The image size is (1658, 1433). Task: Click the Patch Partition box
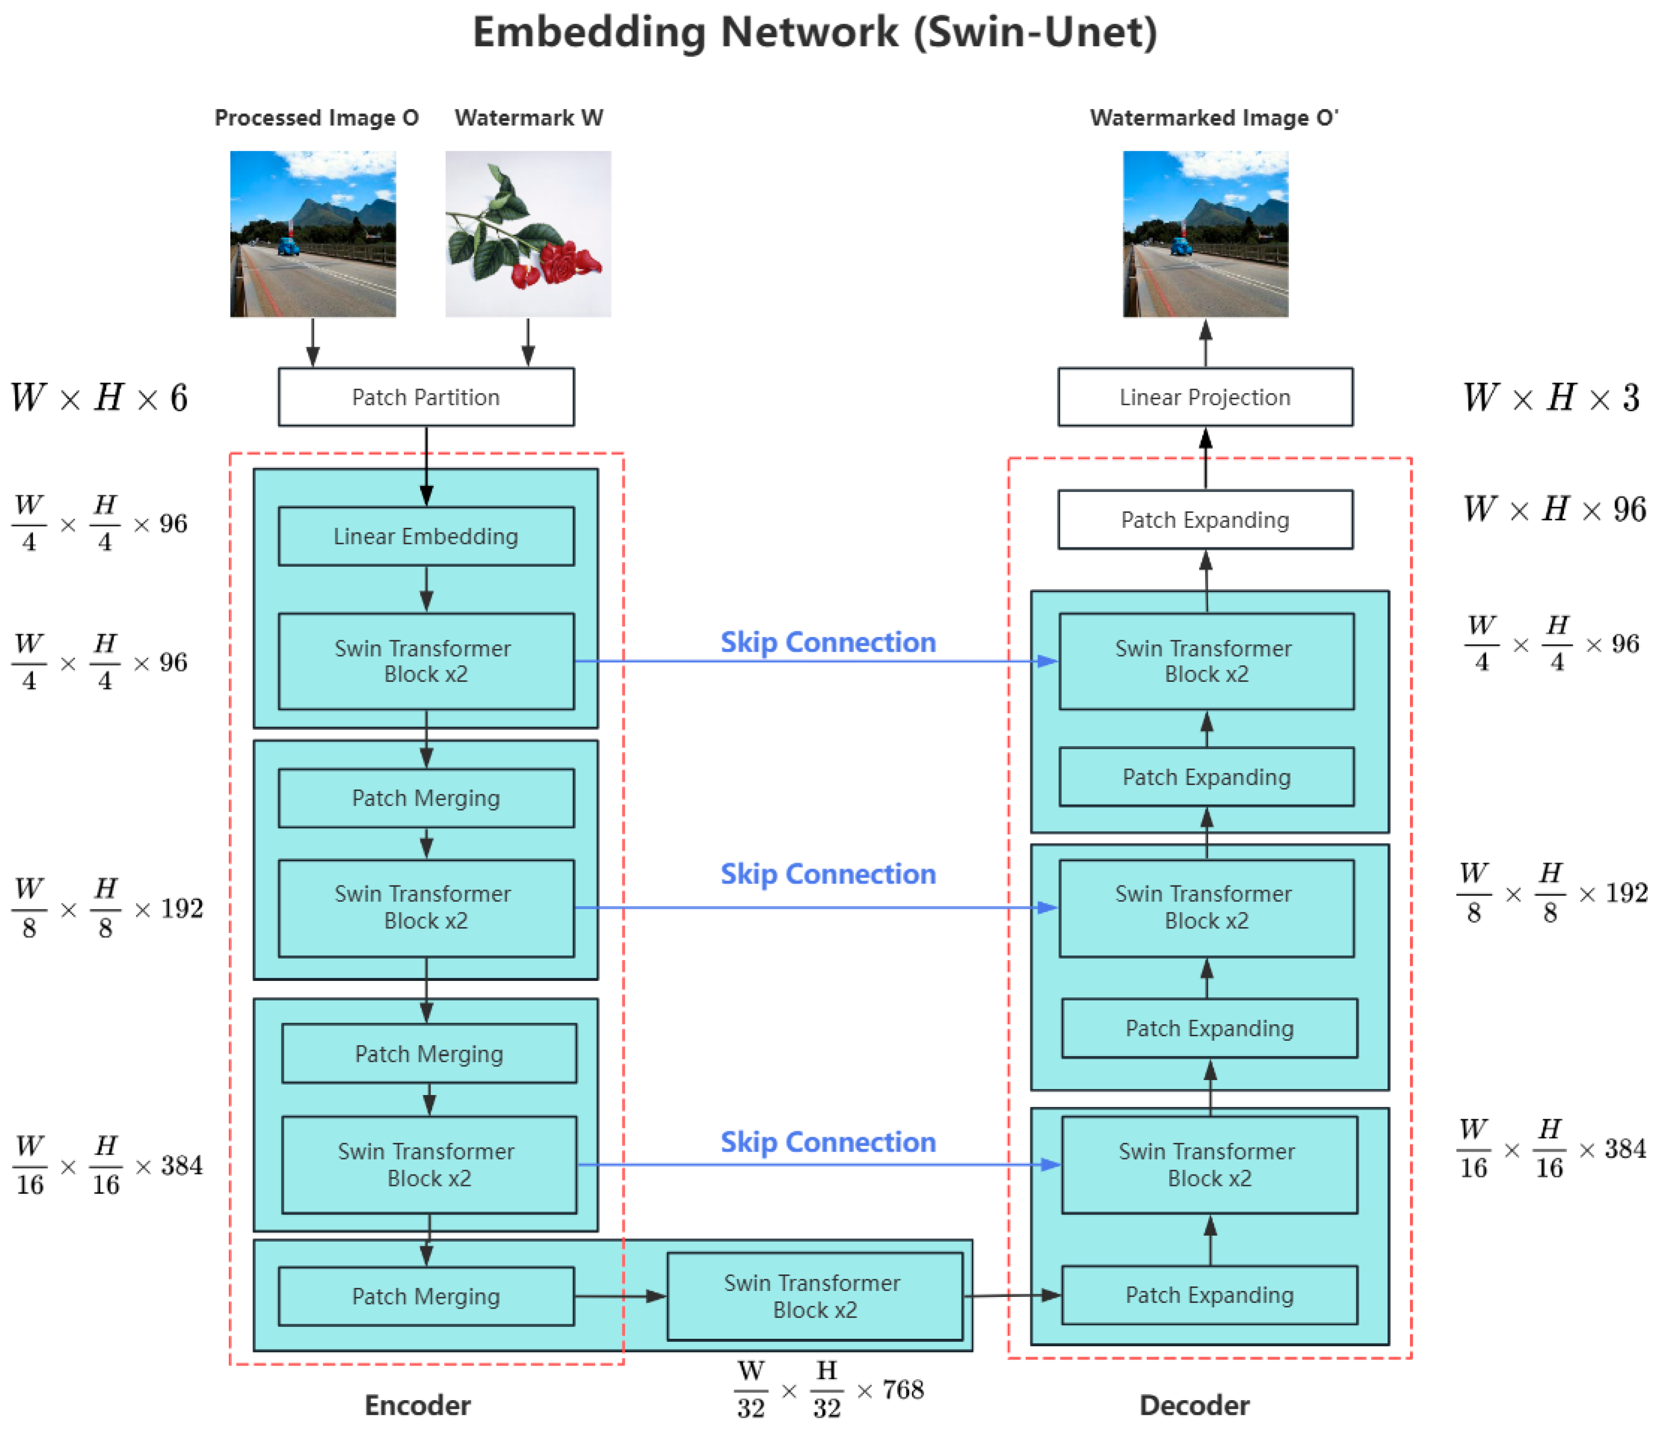[426, 397]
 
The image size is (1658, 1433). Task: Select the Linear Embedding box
[426, 536]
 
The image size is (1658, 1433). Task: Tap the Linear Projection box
[1205, 397]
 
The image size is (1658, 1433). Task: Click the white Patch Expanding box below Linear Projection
[1205, 519]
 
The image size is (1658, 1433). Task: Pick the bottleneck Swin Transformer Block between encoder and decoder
[814, 1296]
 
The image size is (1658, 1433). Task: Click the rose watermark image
[528, 234]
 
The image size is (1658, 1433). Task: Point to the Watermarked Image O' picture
[1205, 234]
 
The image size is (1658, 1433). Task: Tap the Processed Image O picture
[313, 234]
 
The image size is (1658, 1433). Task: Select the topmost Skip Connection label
[828, 642]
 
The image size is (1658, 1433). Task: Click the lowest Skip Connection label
[828, 1142]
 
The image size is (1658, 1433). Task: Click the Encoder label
[418, 1405]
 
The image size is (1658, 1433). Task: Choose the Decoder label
[1194, 1405]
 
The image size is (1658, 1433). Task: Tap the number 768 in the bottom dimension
[903, 1390]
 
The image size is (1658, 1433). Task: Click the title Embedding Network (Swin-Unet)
[814, 32]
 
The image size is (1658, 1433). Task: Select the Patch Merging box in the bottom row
[426, 1296]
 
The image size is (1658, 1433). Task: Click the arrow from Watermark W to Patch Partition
[528, 342]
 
